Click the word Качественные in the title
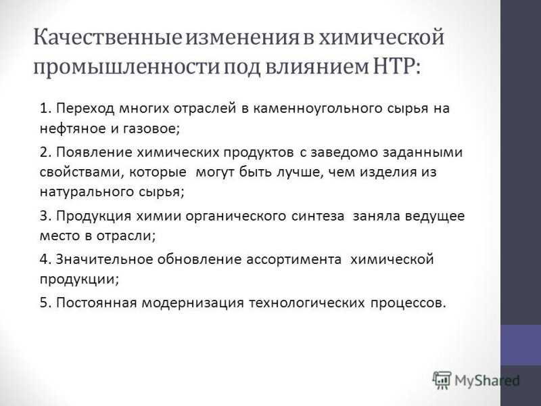pyautogui.click(x=108, y=37)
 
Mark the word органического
pyautogui.click(x=235, y=216)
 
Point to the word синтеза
pyautogui.click(x=318, y=216)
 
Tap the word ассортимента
pyautogui.click(x=294, y=260)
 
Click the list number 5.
pyautogui.click(x=45, y=302)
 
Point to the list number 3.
pyautogui.click(x=45, y=216)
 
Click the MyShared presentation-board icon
pyautogui.click(x=442, y=380)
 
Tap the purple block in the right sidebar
pyautogui.click(x=521, y=345)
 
